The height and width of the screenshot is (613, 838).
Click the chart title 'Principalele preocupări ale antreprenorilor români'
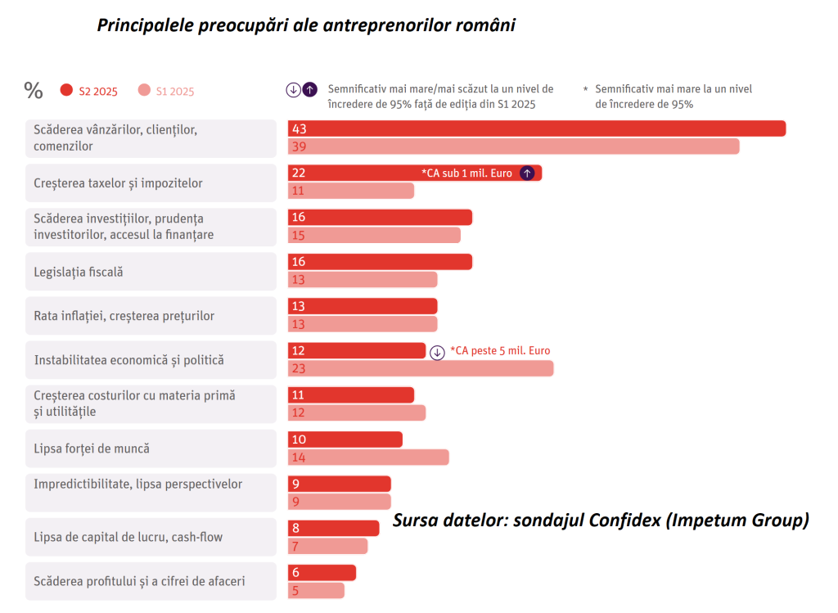coord(306,25)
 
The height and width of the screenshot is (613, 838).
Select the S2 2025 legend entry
coord(89,91)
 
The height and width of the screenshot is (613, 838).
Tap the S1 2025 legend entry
coord(166,91)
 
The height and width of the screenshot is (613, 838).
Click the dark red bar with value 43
coord(536,128)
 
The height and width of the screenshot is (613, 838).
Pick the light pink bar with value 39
coord(513,146)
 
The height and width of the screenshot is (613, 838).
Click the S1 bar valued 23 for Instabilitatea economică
coord(420,368)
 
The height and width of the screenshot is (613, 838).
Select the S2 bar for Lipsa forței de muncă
coord(345,439)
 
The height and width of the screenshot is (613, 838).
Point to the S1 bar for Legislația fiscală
coord(362,280)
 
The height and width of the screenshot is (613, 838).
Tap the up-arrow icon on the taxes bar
coord(528,173)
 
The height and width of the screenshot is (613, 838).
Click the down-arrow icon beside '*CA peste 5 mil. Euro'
coord(437,351)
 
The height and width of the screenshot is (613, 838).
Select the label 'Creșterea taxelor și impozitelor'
coord(118,183)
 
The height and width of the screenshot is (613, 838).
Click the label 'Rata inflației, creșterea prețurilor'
coord(124,316)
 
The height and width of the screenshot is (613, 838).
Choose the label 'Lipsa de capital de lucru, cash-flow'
coord(128,537)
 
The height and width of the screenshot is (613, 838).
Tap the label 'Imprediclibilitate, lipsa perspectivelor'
coord(138,484)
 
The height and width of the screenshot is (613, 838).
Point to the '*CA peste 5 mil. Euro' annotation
coord(500,351)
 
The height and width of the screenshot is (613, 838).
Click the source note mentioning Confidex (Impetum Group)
coord(601,520)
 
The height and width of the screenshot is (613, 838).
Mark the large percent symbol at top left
coord(34,90)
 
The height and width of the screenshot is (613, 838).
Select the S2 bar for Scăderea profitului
coord(322,573)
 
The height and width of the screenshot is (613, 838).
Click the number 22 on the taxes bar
coord(298,173)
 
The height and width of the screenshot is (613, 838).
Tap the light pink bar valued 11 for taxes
coord(350,191)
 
